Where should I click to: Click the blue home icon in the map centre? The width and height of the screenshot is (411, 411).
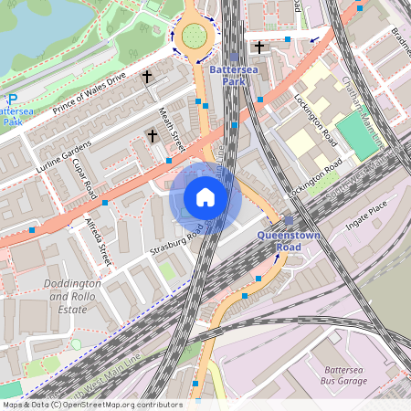pos(205,197)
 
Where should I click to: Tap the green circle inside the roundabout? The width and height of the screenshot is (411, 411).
pos(194,36)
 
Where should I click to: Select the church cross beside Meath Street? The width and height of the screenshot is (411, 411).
pos(153,135)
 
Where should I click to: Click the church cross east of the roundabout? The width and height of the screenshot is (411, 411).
pos(259,46)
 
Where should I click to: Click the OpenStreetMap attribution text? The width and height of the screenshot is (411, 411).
pos(91,404)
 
